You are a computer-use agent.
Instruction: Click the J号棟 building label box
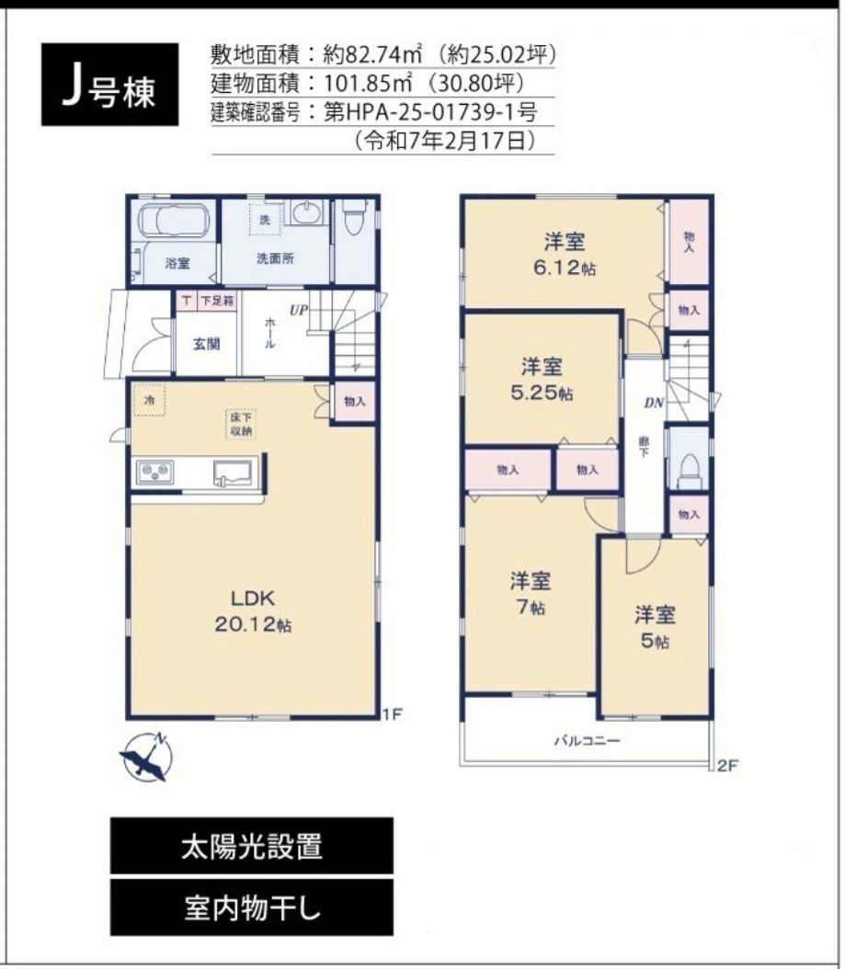tap(109, 85)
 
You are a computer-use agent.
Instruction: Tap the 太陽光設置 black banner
tap(252, 846)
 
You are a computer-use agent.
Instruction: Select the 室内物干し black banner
tap(252, 907)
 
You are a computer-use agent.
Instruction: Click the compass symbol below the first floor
tap(147, 758)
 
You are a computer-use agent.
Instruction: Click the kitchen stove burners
tap(154, 473)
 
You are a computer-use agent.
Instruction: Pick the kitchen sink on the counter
tap(235, 473)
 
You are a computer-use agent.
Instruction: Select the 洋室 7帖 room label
tap(531, 594)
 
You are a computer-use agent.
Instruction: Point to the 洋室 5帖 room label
tap(654, 627)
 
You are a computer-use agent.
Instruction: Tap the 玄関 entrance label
tap(205, 344)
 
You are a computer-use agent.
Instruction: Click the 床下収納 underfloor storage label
tap(242, 425)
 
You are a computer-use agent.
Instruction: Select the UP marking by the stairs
tap(299, 311)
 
